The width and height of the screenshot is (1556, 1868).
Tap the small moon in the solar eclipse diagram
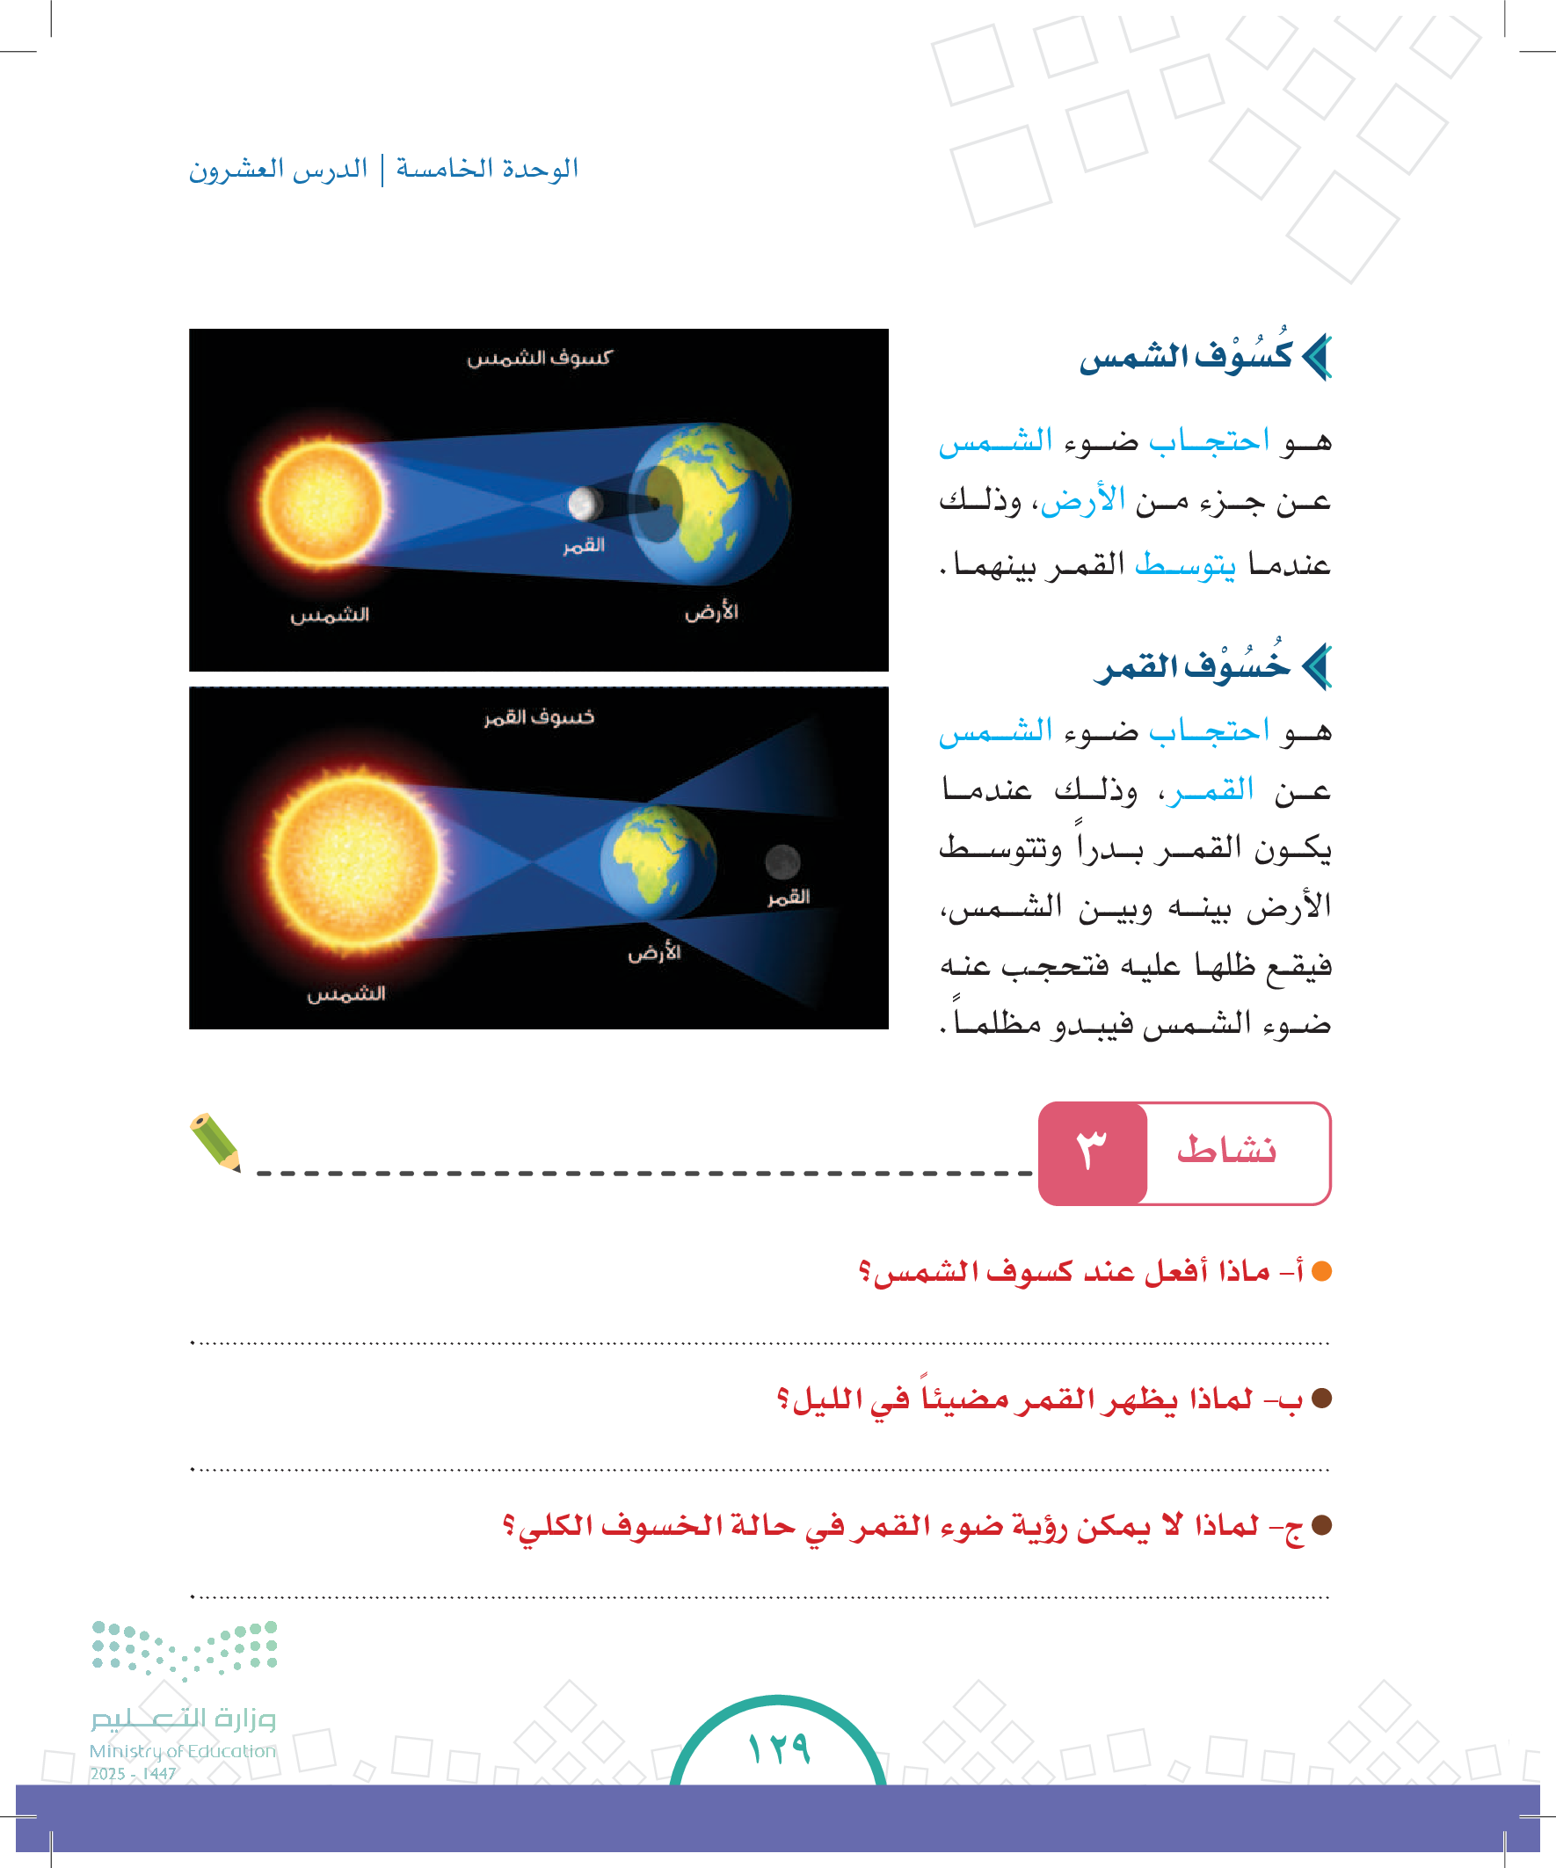(584, 504)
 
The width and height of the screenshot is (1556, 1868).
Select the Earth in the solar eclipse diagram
(712, 504)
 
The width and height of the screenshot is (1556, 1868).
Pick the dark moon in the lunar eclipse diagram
(782, 861)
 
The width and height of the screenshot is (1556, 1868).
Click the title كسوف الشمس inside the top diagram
(539, 358)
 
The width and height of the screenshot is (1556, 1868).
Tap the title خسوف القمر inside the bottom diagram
(539, 717)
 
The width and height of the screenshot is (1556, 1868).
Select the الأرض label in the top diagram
(711, 611)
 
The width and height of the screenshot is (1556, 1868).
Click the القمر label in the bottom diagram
(789, 897)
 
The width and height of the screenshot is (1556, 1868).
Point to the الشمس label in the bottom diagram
(346, 993)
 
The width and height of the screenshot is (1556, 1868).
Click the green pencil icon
(215, 1142)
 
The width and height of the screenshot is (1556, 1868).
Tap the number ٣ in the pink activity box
(1092, 1152)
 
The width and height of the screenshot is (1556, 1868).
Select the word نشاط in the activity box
(1226, 1151)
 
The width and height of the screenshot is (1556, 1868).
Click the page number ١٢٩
(779, 1748)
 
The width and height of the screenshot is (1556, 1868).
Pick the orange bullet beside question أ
(1321, 1271)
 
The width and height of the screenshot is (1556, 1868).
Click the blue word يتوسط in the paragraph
(1185, 564)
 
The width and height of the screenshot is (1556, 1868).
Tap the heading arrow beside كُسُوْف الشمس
(1317, 357)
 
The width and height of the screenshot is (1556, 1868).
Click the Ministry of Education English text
(182, 1750)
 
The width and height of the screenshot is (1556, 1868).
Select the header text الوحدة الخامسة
(487, 168)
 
